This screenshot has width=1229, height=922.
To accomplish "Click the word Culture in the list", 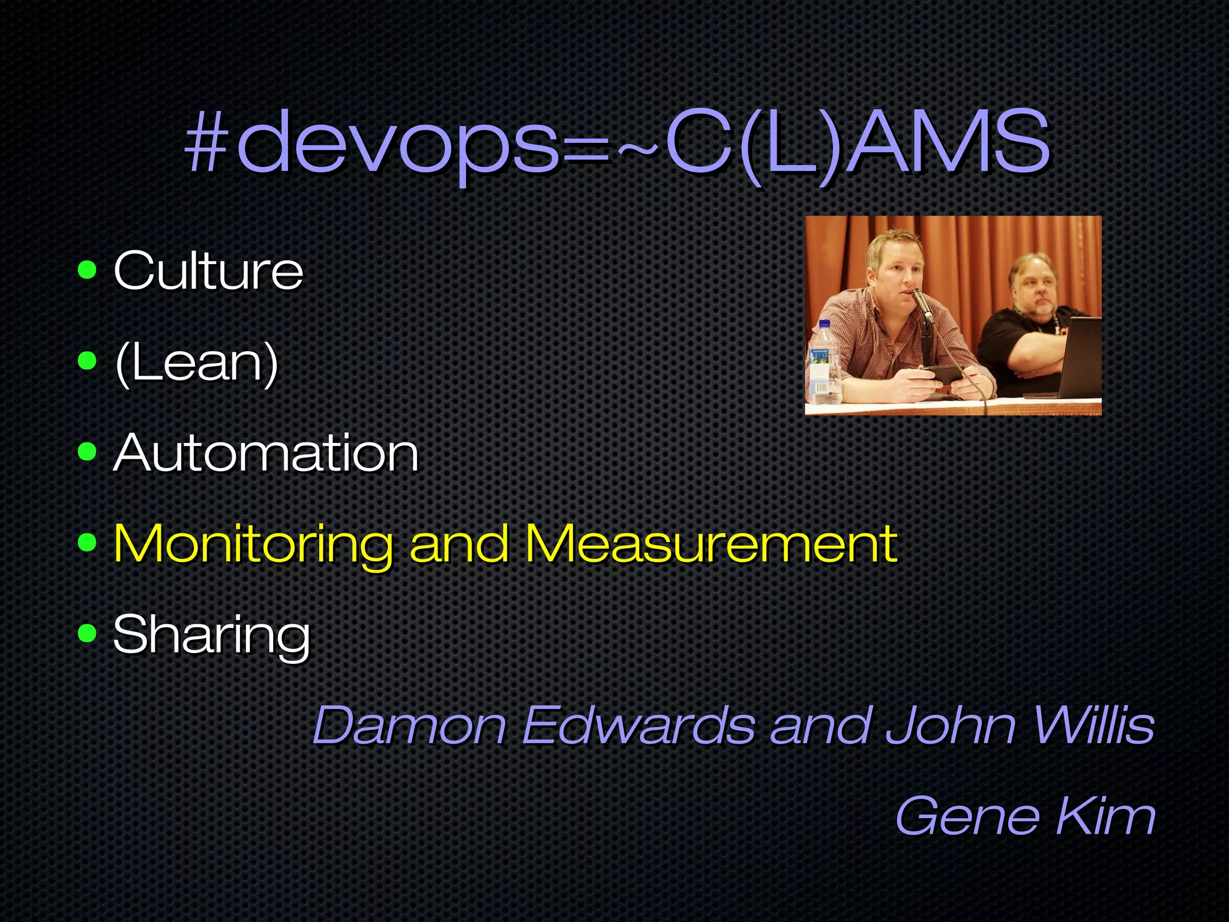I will (208, 271).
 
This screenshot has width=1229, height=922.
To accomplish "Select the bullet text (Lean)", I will (196, 362).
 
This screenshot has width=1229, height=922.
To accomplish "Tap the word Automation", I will (266, 453).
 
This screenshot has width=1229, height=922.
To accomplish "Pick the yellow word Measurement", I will (711, 543).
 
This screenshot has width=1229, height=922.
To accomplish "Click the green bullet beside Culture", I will (88, 270).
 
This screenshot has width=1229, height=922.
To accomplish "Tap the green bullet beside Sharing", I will (88, 633).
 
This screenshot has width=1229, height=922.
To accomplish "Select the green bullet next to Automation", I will (88, 451).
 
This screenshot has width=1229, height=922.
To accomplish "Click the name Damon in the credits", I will (409, 725).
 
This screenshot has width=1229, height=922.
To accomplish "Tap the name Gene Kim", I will (1025, 815).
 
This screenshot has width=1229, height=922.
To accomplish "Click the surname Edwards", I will (639, 725).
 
